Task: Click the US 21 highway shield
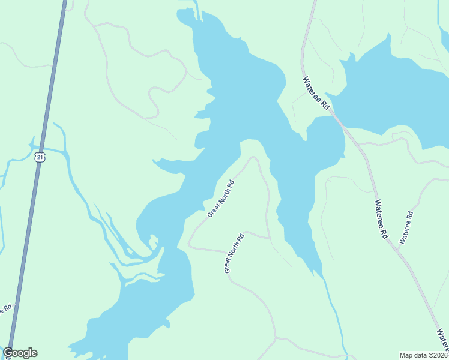tap(40, 157)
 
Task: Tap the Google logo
tap(20, 353)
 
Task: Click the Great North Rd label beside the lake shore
tap(220, 198)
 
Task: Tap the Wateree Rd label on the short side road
tap(406, 227)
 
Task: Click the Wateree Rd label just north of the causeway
tap(316, 92)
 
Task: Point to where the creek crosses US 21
tap(41, 148)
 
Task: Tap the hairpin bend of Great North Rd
tap(253, 158)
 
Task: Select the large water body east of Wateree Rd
tap(396, 90)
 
